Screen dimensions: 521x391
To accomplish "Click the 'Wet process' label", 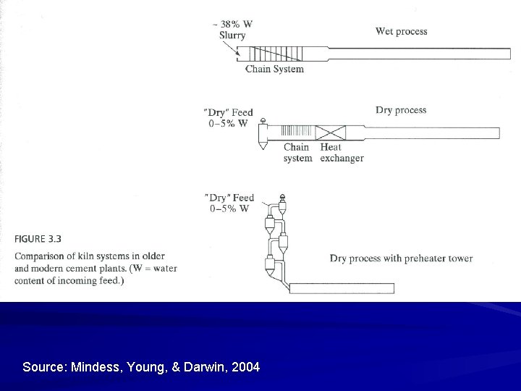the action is pyautogui.click(x=401, y=31).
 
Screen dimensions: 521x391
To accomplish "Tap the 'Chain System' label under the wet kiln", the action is pyautogui.click(x=274, y=70).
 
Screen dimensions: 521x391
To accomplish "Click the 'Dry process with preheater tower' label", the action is pyautogui.click(x=401, y=258).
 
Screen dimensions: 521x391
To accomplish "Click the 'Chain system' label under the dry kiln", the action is pyautogui.click(x=297, y=153).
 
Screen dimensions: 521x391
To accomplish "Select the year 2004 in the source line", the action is pyautogui.click(x=246, y=367).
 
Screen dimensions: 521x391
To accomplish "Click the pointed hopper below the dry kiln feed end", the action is pyautogui.click(x=263, y=144).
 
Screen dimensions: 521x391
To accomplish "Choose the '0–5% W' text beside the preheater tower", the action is pyautogui.click(x=229, y=209).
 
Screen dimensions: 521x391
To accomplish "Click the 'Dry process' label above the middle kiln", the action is pyautogui.click(x=401, y=110).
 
